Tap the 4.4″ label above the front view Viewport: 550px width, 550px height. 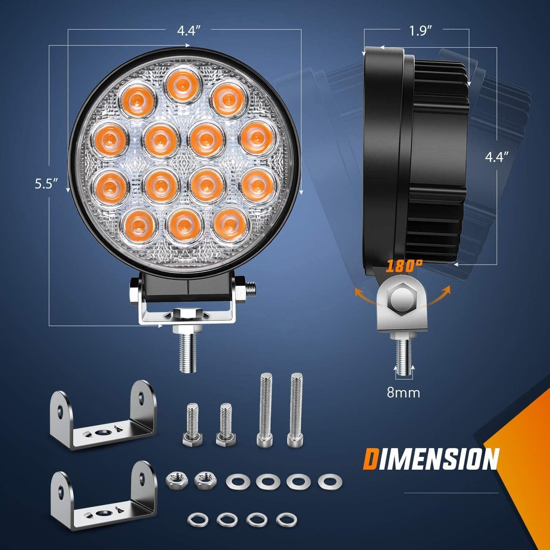pos(190,31)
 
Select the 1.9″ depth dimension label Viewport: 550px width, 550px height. pos(419,31)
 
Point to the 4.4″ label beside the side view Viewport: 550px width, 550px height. pos(497,157)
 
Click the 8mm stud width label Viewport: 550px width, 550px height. pos(403,393)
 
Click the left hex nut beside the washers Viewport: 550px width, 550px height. pos(173,479)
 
